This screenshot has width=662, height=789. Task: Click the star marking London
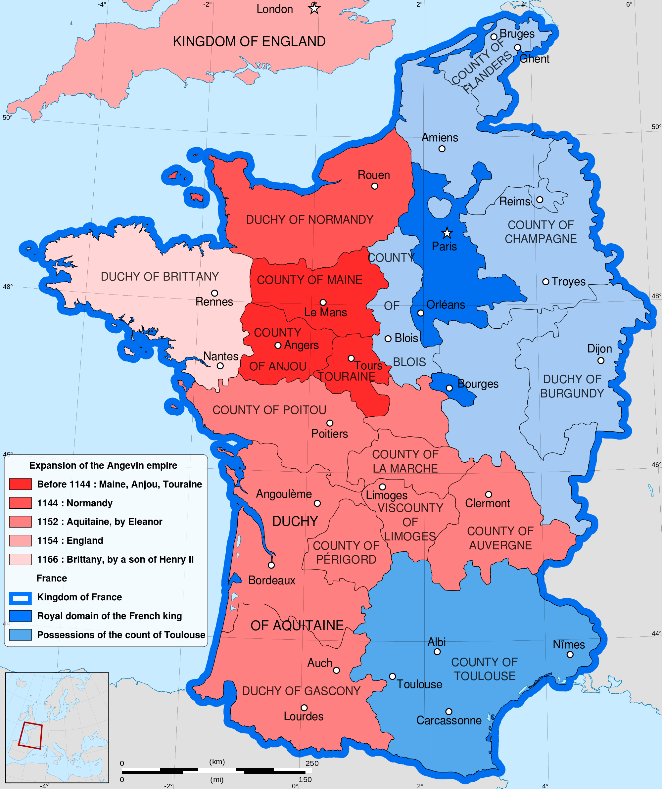(x=314, y=8)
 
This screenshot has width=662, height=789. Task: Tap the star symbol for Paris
(x=447, y=233)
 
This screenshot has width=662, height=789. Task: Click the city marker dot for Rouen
(x=375, y=186)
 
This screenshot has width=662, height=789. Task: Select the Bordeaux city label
(x=272, y=580)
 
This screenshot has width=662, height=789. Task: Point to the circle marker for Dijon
(x=601, y=361)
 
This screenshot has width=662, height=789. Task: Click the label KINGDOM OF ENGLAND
(x=249, y=41)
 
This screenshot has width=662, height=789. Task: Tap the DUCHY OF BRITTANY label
(x=160, y=277)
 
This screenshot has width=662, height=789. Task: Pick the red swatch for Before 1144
(x=20, y=484)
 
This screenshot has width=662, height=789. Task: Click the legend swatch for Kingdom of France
(x=20, y=597)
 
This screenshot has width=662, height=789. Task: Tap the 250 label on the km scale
(x=312, y=763)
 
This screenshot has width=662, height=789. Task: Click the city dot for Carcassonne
(x=449, y=712)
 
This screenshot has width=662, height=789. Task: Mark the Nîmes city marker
(x=570, y=655)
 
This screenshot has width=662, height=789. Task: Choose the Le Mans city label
(x=325, y=312)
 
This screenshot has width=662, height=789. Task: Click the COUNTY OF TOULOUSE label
(x=485, y=669)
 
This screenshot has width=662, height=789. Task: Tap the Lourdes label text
(x=303, y=716)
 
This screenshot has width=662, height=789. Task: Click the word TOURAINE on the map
(x=347, y=377)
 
